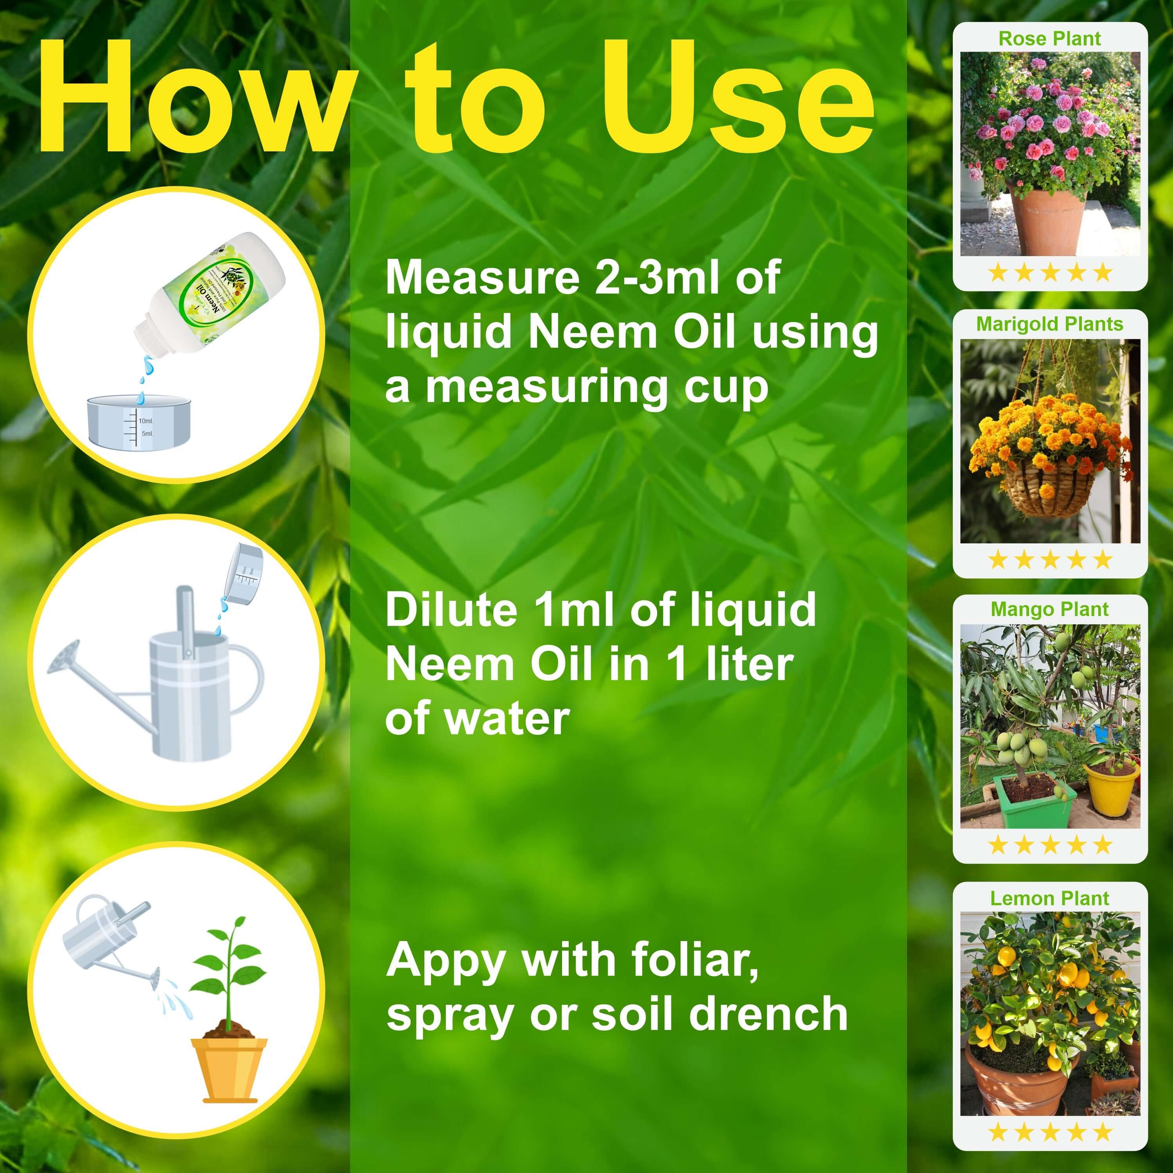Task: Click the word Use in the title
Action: (738, 97)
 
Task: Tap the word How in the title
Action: (188, 97)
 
